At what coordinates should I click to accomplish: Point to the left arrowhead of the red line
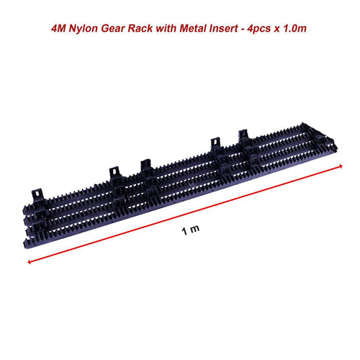(30, 263)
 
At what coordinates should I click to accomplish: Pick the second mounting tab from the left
(114, 174)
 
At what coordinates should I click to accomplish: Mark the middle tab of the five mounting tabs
(145, 166)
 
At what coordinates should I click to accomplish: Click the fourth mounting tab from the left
(215, 144)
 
